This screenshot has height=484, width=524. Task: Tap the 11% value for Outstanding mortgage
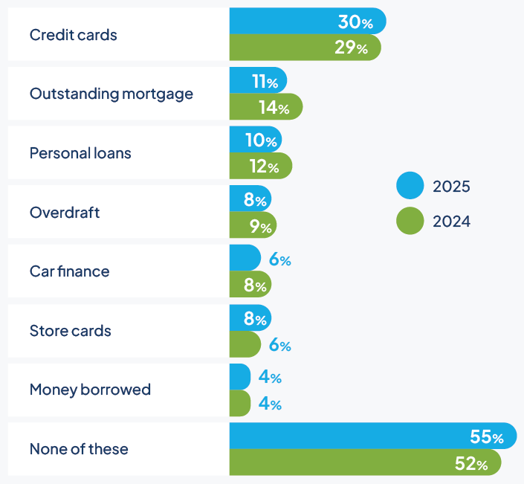265,81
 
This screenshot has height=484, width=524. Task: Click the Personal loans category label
80,153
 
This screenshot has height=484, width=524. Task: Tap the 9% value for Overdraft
260,226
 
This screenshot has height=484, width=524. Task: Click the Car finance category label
69,271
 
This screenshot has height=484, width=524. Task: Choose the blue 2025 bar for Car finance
245,258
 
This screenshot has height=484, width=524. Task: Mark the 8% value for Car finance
254,285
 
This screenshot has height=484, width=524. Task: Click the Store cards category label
71,331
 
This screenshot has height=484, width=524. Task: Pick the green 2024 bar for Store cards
245,344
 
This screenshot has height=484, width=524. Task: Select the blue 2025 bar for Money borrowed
239,377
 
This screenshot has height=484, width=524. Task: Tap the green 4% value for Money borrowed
270,404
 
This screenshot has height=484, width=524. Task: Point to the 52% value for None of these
471,464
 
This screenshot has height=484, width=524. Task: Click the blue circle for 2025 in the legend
410,186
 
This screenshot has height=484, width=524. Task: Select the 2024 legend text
451,221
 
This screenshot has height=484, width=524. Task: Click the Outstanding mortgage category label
111,94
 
